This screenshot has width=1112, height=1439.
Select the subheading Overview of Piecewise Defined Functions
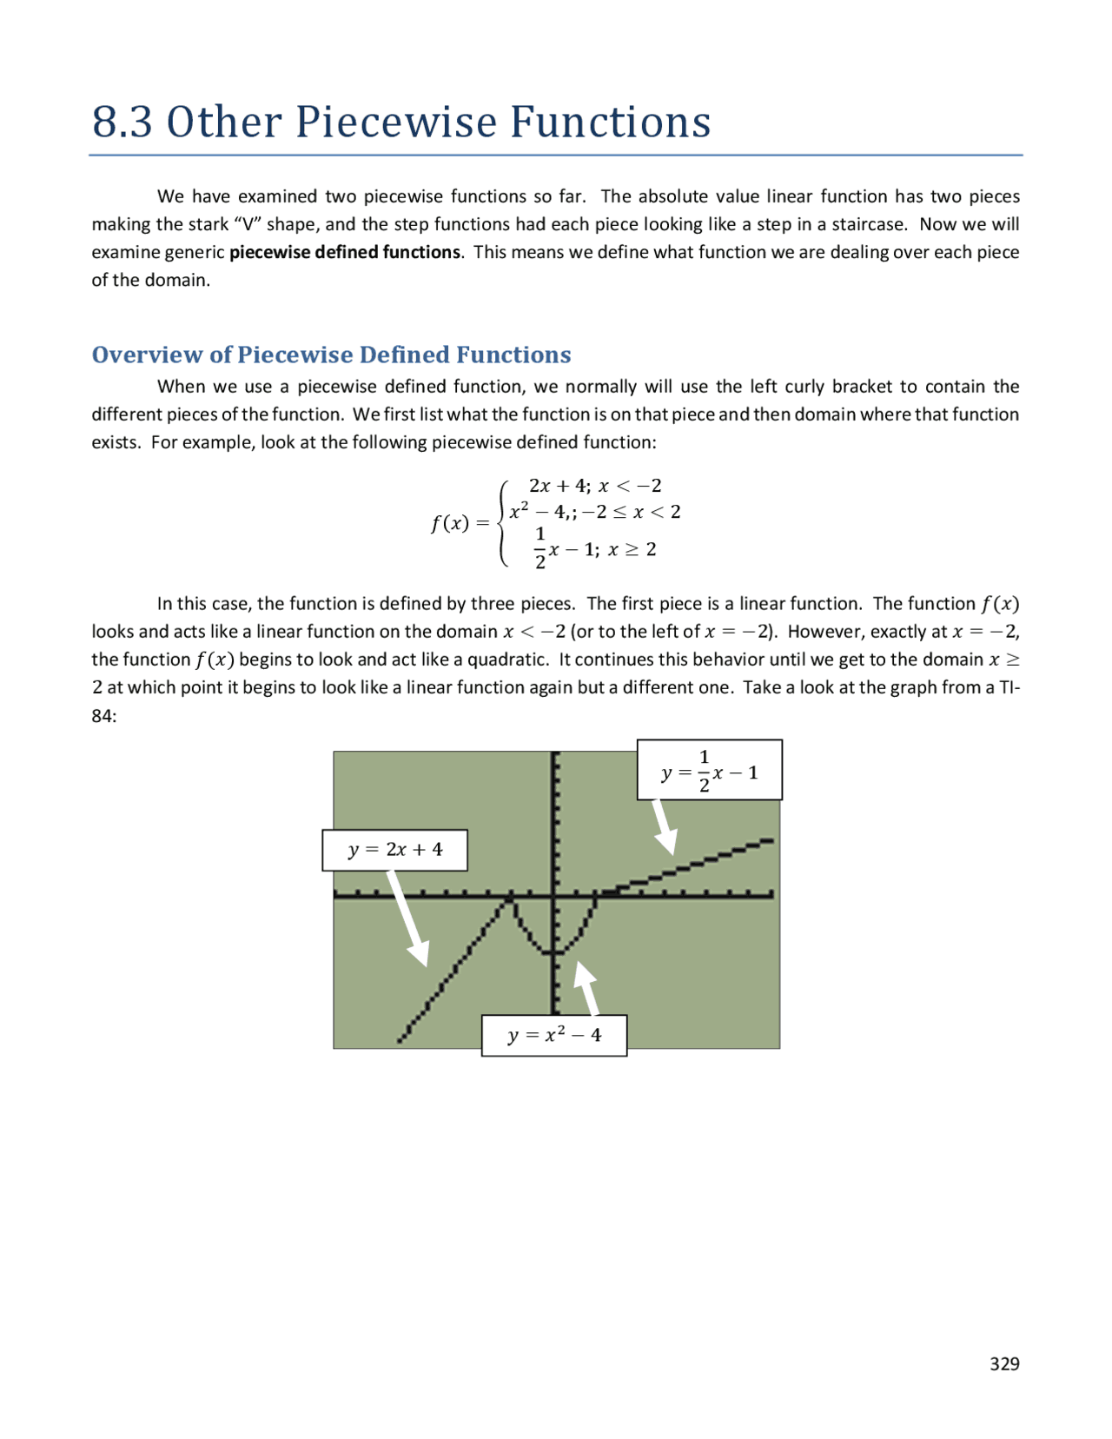click(331, 355)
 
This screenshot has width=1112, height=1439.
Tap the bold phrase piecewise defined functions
click(345, 252)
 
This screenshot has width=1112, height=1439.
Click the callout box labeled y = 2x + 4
click(394, 850)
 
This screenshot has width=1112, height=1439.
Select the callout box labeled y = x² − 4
click(554, 1035)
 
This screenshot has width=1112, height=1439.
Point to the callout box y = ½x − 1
click(709, 770)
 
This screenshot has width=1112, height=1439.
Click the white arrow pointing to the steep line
click(407, 918)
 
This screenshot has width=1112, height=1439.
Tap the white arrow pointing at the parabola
click(587, 988)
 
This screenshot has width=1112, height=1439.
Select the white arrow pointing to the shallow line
click(664, 826)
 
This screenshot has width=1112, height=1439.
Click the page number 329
click(1004, 1363)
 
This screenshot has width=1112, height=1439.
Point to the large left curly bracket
click(502, 523)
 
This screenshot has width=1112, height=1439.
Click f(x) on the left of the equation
click(450, 523)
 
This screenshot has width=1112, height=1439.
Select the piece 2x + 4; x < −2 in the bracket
click(595, 486)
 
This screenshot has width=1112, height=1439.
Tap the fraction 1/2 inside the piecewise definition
click(539, 548)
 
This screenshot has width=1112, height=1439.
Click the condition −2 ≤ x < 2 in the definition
click(632, 512)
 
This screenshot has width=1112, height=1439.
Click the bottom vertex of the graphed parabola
click(554, 953)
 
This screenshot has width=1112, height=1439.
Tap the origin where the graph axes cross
click(554, 895)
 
